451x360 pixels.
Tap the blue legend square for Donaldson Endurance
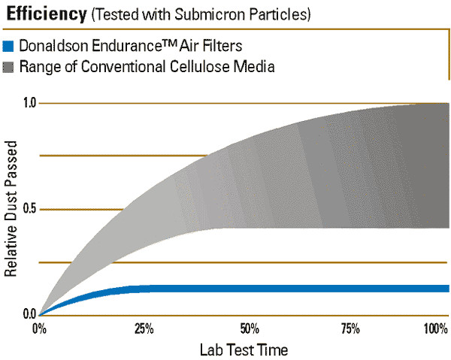8,47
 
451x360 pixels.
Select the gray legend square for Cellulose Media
8,67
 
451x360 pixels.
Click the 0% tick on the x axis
39,329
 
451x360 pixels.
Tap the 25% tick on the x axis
144,329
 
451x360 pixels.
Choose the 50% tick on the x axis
250,329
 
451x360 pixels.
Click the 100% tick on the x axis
435,329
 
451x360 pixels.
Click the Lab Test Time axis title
244,350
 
